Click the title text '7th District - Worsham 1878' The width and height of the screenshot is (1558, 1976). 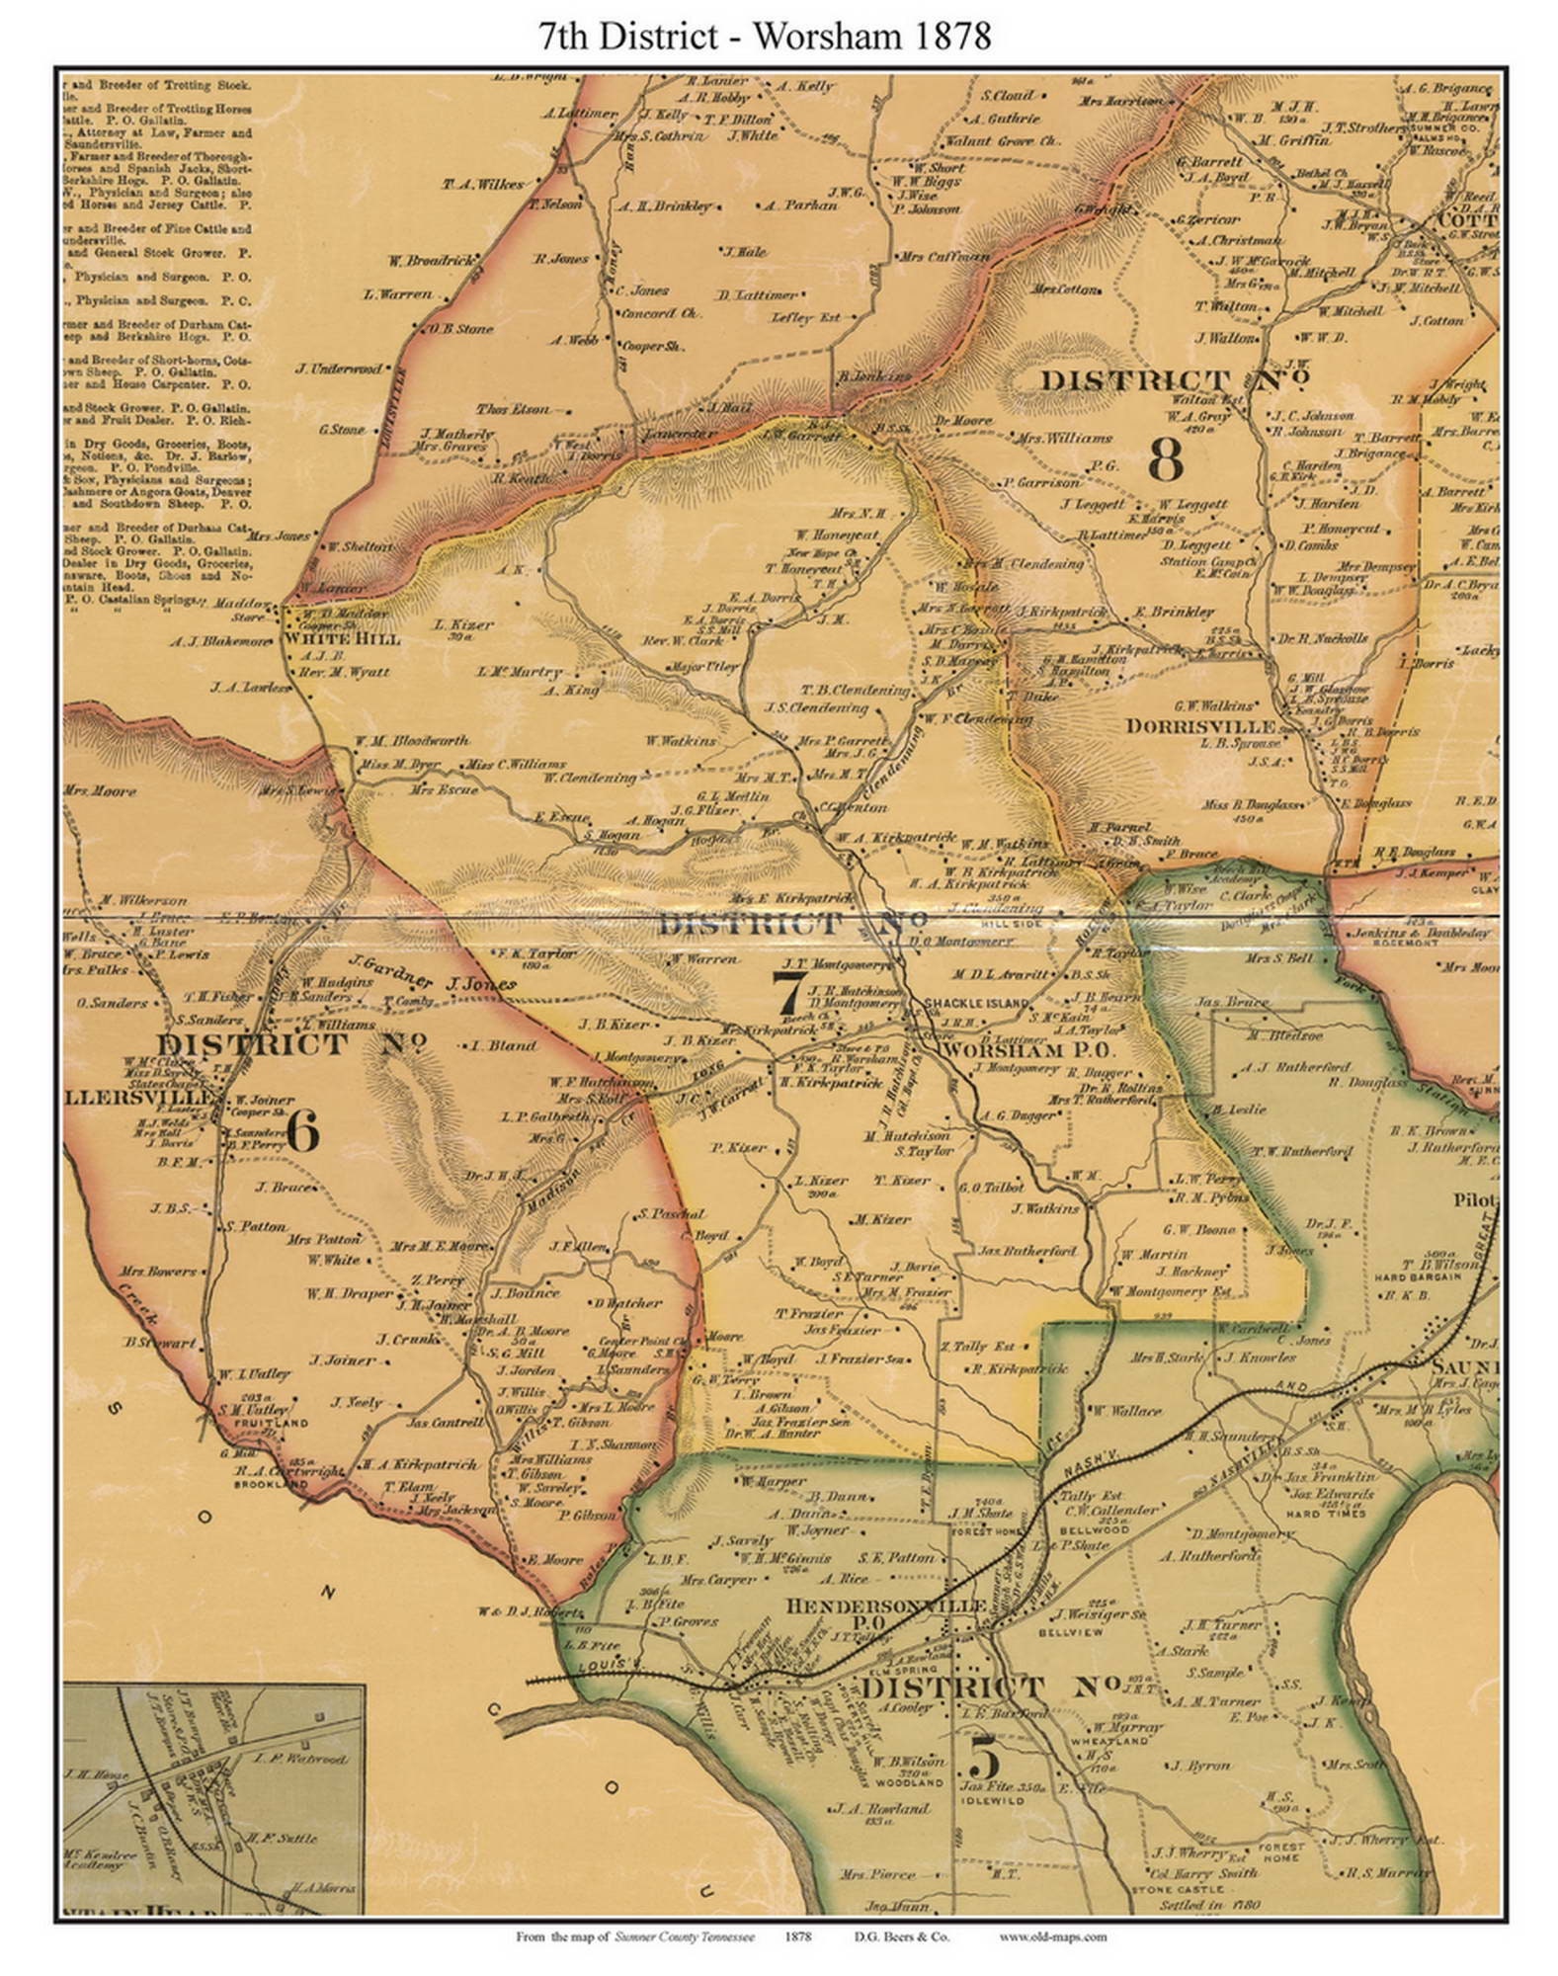coord(765,37)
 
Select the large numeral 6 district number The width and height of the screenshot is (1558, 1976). coord(302,1130)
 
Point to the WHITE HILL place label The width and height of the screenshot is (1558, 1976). coord(342,639)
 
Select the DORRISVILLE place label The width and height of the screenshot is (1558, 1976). coord(1199,726)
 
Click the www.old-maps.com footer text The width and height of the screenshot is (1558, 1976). coord(1052,1937)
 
